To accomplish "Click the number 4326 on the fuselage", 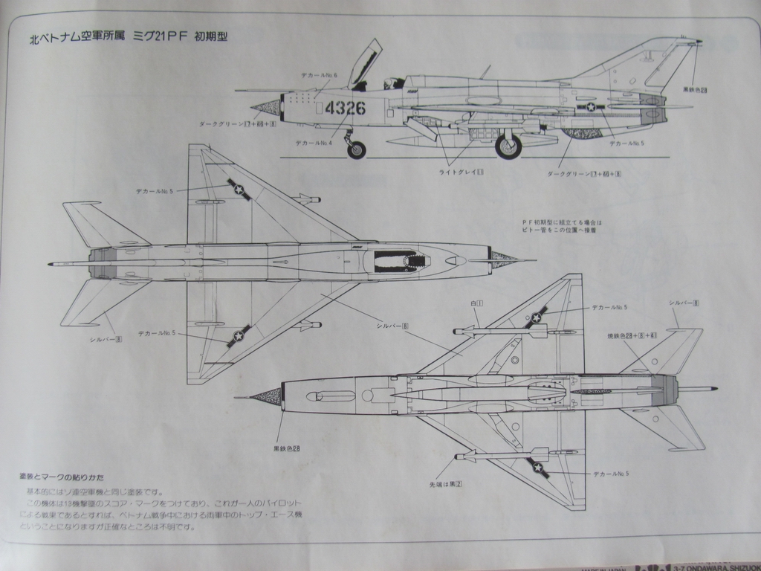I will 345,108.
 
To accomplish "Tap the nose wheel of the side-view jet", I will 357,150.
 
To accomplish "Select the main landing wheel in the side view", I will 508,146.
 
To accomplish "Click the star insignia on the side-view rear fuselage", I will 592,107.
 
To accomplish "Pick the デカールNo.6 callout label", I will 319,76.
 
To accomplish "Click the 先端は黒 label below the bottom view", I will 446,484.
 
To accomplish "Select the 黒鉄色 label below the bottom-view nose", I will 286,448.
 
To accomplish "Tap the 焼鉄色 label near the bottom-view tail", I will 632,336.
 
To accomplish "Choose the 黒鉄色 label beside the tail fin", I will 695,90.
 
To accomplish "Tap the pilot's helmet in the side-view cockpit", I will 389,83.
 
